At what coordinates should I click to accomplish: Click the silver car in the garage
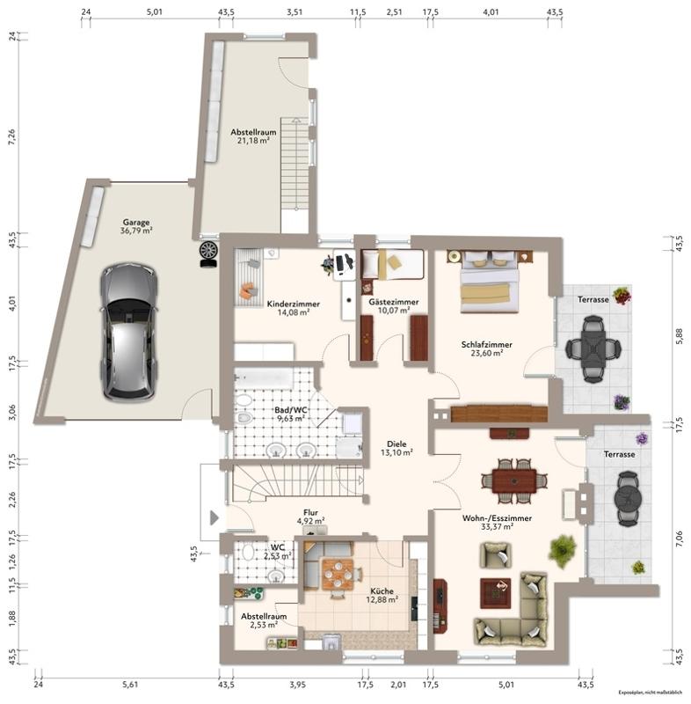click(x=128, y=332)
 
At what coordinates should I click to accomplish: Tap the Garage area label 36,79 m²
click(x=136, y=231)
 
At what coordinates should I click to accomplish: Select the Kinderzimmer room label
click(x=294, y=304)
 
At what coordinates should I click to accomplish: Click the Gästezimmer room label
click(x=394, y=302)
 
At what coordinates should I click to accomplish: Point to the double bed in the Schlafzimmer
click(x=490, y=282)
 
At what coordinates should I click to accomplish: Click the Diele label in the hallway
click(x=396, y=444)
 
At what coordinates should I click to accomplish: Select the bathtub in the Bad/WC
click(x=264, y=379)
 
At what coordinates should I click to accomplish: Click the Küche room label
click(x=382, y=590)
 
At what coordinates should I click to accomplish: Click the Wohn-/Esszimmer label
click(x=497, y=518)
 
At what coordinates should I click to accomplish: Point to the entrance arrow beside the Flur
click(x=215, y=517)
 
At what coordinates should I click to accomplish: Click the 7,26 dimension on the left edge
click(x=11, y=136)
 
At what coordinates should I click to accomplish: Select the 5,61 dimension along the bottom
click(x=130, y=685)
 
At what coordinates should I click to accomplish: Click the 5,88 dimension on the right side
click(x=679, y=336)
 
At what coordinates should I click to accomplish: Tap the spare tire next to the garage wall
click(x=209, y=254)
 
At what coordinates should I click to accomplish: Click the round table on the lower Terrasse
click(x=628, y=498)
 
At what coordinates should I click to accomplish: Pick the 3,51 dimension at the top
click(x=295, y=12)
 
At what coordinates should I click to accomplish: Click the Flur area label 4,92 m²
click(x=310, y=521)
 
